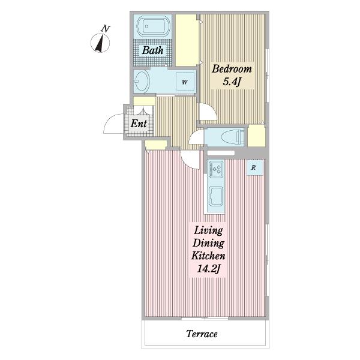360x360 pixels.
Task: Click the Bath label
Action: coord(152,50)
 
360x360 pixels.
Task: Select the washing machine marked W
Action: coord(185,82)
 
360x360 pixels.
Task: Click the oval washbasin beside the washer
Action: coord(142,82)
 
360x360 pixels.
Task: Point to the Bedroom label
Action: coord(232,69)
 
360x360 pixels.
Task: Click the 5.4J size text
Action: coord(232,82)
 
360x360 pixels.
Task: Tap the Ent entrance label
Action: coord(139,124)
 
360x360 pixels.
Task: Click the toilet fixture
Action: coord(232,137)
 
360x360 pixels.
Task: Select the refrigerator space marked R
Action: coord(254,167)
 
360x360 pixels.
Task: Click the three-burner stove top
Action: coord(216,169)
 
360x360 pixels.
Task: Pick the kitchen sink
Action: coord(215,196)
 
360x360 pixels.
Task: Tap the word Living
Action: coord(208,230)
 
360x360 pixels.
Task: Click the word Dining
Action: coord(208,243)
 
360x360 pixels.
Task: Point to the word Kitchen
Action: coord(208,256)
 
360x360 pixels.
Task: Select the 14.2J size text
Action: coord(208,268)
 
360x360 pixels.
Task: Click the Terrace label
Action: coord(202,334)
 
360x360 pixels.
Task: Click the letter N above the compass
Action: coord(106,29)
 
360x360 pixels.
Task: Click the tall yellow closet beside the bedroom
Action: coord(187,40)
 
